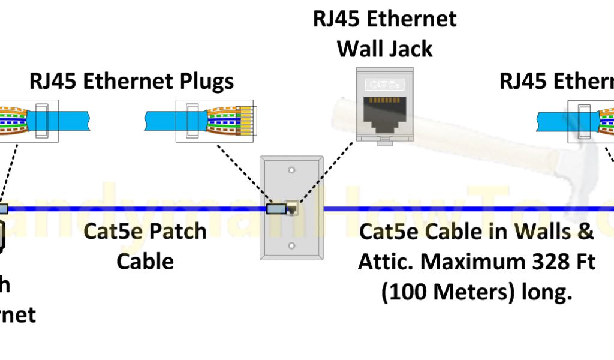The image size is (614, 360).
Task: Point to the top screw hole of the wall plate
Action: pyautogui.click(x=291, y=170)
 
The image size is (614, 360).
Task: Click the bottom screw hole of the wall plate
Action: pyautogui.click(x=291, y=246)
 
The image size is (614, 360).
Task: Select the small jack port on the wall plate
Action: pyautogui.click(x=293, y=209)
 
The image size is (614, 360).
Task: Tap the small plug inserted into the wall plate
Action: pyautogui.click(x=276, y=209)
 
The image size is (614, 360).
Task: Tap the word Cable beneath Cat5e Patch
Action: pyautogui.click(x=145, y=262)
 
